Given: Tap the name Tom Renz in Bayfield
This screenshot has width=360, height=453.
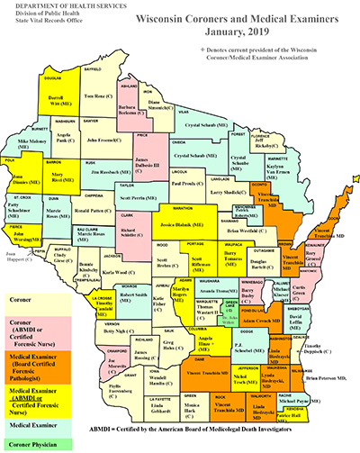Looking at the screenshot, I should click(96, 95).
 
